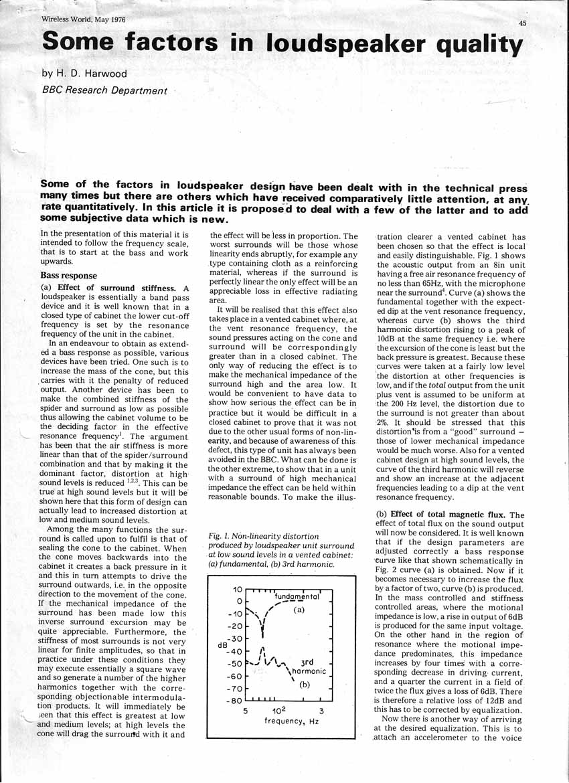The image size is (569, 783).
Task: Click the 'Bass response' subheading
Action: click(69, 276)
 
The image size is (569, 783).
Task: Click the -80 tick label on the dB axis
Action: click(232, 701)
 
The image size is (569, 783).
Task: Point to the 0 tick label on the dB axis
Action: click(237, 601)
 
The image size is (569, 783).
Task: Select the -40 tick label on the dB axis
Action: click(232, 651)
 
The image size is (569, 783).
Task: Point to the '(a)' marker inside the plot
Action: click(299, 611)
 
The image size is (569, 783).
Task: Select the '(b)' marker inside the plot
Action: click(304, 684)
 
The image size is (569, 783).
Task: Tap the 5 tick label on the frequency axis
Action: click(246, 711)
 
